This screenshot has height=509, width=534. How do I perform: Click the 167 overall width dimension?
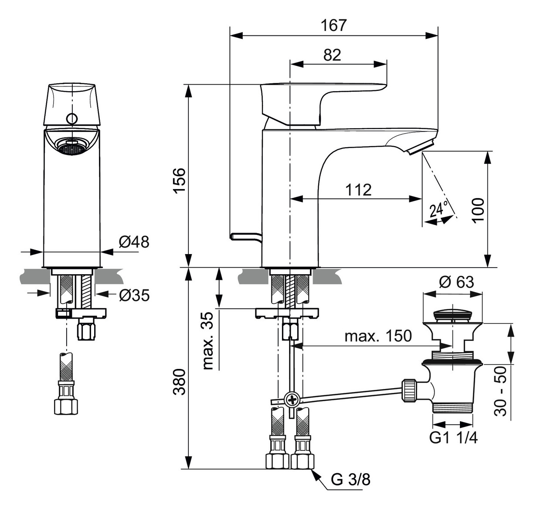click(x=333, y=25)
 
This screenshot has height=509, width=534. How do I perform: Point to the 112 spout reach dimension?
click(x=358, y=189)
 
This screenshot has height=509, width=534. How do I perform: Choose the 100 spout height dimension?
click(x=477, y=210)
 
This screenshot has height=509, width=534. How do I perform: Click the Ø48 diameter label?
click(x=133, y=241)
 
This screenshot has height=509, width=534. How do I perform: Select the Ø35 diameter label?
click(x=134, y=296)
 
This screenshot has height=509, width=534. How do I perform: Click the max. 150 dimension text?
click(x=378, y=336)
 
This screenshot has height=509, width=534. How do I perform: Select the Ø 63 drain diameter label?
click(x=456, y=282)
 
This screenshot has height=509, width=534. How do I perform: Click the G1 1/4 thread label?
click(x=453, y=437)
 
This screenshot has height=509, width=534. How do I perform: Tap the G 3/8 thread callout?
click(x=350, y=479)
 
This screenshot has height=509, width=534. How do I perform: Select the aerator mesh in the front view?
click(x=71, y=147)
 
